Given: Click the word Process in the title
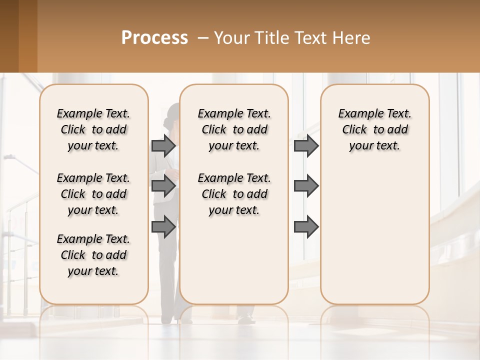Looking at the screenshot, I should coord(154,37).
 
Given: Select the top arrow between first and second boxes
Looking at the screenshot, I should coord(163,145).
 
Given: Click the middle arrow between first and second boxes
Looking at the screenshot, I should coord(163,186).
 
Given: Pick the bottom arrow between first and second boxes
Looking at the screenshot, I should coord(163,227).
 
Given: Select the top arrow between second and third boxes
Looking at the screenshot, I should coord(306,145).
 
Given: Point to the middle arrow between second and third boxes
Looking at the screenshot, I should coord(306,186).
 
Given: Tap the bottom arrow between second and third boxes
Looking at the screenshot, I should coord(306,227).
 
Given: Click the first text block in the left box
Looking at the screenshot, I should coord(93,129).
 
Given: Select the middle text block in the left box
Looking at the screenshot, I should coord(93,194).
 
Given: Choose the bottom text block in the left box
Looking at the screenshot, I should coord(93,255).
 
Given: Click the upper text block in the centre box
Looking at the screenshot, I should coord(234,129).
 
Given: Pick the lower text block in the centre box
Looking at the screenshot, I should coord(234,194).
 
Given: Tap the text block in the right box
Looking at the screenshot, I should coord(375,129).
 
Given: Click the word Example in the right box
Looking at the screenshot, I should coord(357,114).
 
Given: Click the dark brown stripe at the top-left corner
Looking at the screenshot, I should coord(9,36).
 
